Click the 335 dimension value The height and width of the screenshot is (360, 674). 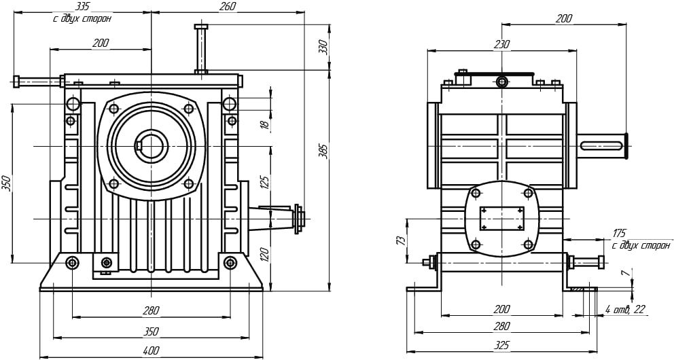pos(82,6)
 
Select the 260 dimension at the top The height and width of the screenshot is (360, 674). pos(228,6)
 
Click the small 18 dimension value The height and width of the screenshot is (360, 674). pos(265,124)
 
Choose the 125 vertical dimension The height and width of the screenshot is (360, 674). pos(265,182)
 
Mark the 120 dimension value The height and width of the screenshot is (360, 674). pos(265,255)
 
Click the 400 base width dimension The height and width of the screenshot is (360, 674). pos(151,350)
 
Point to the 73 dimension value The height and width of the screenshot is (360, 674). pos(401,240)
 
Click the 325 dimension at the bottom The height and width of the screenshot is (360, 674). pos(501,345)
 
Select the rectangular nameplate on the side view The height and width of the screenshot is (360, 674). pos(501,219)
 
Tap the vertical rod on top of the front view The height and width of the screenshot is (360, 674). pos(202,49)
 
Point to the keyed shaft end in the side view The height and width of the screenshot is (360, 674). pos(603,145)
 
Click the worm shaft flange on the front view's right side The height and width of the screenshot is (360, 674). pos(297,219)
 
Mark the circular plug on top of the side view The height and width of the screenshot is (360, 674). pos(501,82)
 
